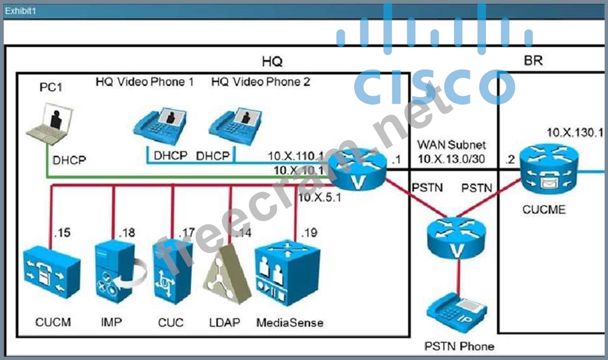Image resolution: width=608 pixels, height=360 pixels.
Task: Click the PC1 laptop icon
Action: tap(50, 124)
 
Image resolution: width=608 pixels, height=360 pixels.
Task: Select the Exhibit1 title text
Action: tap(20, 11)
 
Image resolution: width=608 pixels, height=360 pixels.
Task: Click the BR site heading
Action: tap(533, 60)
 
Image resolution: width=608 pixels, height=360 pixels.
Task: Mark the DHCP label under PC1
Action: tap(69, 160)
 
